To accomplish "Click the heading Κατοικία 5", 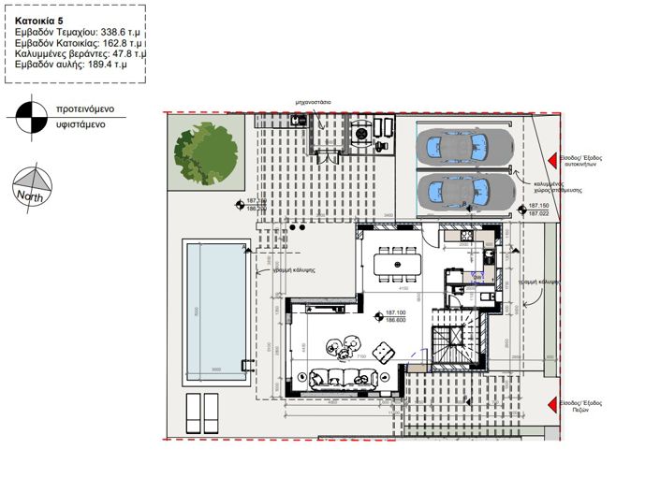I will point(42,18).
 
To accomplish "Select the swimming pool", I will point(215,308).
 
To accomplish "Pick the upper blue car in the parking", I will point(462,146).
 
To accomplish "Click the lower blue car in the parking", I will point(462,192).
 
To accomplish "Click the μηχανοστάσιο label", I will point(309,99).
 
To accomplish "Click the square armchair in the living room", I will point(383,353).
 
